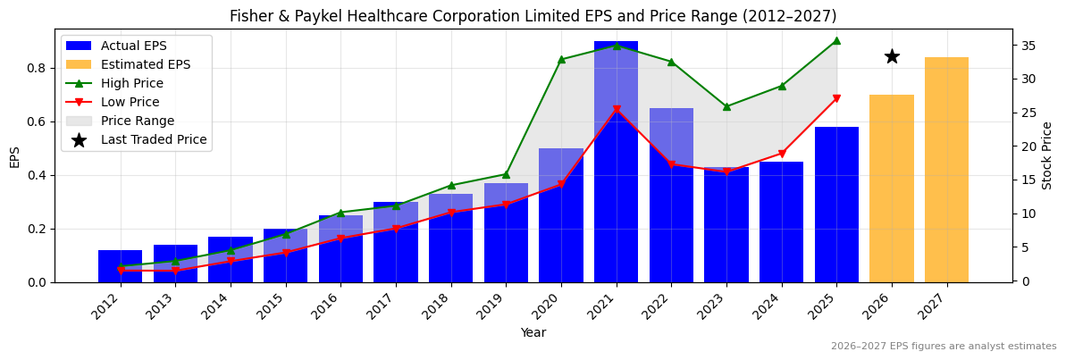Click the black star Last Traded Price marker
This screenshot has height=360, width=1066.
891,56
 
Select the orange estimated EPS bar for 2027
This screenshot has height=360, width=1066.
946,170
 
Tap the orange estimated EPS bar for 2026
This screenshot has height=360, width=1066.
891,188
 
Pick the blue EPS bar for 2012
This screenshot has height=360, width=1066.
120,266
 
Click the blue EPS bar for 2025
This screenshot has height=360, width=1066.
836,205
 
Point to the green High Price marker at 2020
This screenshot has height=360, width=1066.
561,60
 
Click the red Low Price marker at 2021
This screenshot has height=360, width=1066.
617,110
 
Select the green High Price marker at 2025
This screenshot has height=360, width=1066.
836,40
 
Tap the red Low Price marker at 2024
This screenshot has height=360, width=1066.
782,154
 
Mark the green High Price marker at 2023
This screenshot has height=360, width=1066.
726,106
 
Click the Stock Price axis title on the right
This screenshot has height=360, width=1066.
1048,155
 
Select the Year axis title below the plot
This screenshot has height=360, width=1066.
533,333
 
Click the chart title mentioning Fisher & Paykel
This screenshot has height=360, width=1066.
533,16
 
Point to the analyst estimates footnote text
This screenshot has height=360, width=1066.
943,347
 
